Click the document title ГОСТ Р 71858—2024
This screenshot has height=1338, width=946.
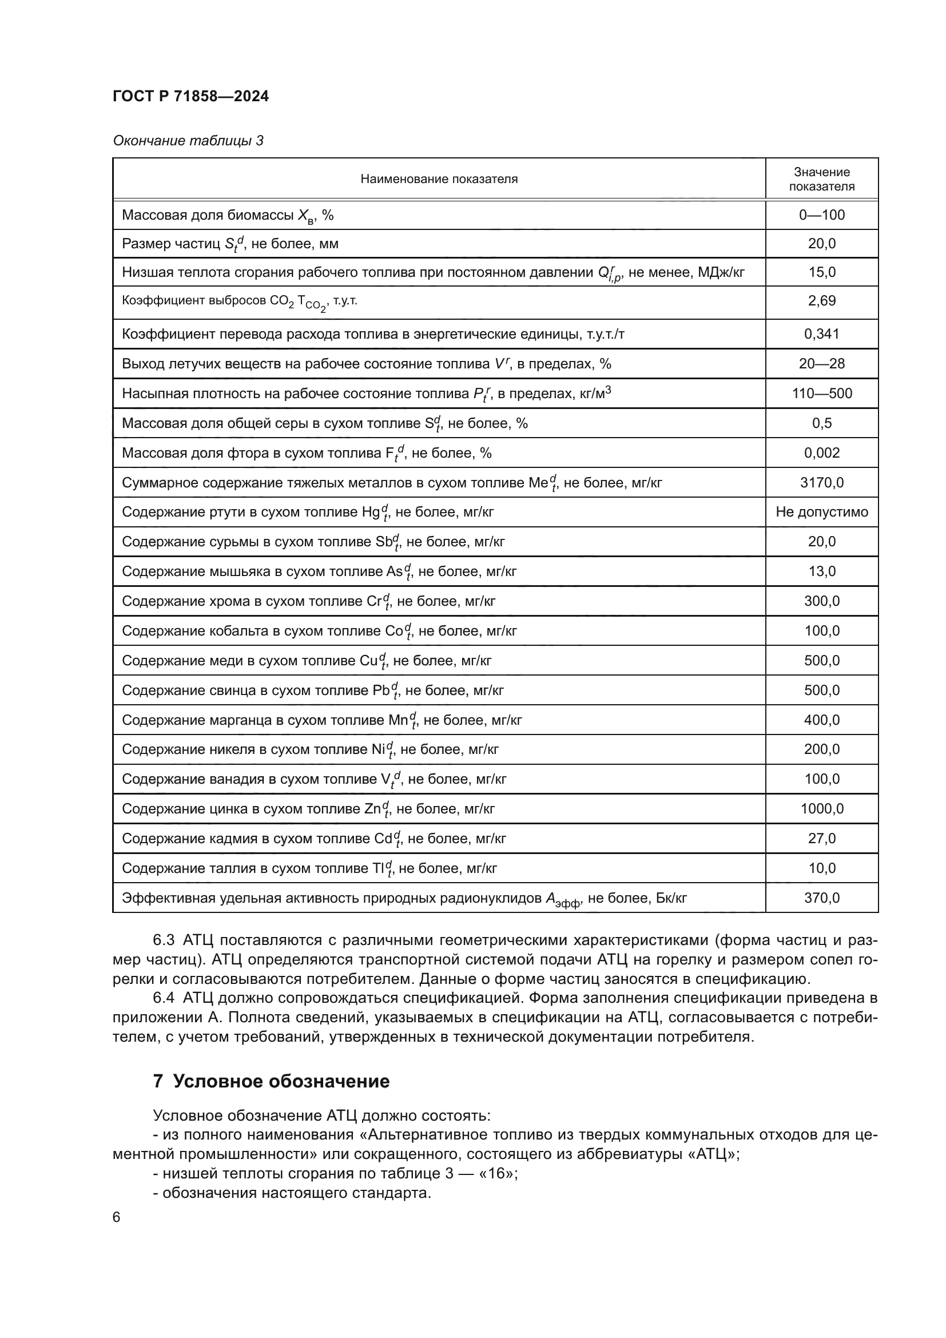click(190, 97)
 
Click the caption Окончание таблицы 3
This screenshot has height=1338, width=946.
click(188, 141)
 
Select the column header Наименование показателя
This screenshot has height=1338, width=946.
click(439, 179)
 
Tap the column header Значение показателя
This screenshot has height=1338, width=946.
click(821, 179)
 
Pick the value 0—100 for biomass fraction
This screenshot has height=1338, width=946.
click(821, 215)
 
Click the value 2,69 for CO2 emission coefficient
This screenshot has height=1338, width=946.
click(821, 301)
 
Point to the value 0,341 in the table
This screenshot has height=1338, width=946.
click(821, 334)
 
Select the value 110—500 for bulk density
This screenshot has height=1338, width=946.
click(821, 394)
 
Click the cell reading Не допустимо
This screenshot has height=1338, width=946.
click(821, 512)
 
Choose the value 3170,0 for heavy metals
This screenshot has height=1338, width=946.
click(821, 483)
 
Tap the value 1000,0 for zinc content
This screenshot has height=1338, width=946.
click(821, 809)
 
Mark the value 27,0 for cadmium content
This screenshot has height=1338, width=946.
click(821, 839)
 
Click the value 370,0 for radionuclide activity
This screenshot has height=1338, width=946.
click(821, 898)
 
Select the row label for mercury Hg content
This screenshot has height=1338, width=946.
click(308, 512)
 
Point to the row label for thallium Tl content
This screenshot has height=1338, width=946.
click(309, 868)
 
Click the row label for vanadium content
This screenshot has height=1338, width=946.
click(313, 779)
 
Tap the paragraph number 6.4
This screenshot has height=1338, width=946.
click(164, 998)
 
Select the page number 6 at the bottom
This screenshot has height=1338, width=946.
click(117, 1217)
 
